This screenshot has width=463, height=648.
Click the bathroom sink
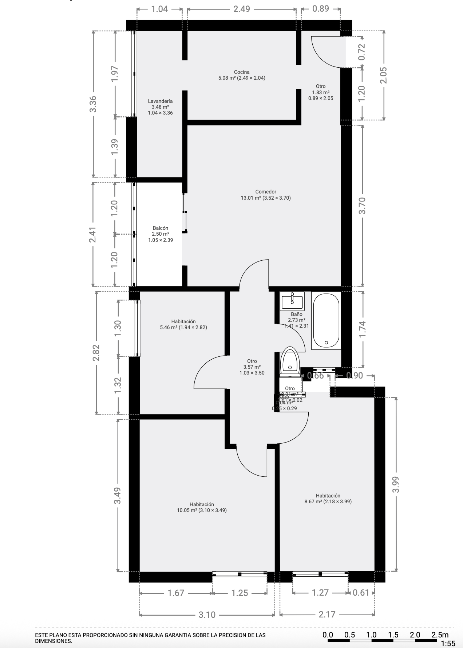(292, 301)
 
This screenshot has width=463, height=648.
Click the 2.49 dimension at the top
(242, 9)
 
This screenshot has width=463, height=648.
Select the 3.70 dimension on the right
(362, 205)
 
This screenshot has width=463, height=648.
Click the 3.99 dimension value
(396, 484)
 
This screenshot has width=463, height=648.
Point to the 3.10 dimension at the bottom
(207, 615)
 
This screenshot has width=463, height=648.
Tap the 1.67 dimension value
(176, 593)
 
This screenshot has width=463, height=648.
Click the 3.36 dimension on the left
(93, 104)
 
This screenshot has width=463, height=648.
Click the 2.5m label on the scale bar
(440, 635)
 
